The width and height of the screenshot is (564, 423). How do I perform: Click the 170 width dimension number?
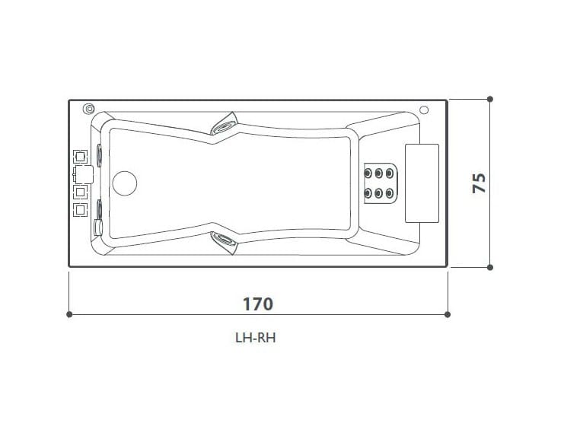coord(257,304)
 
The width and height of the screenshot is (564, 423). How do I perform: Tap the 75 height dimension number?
coord(479,183)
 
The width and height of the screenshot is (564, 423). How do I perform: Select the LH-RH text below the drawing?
coord(255,339)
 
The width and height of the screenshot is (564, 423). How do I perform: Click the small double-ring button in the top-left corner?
coord(88,109)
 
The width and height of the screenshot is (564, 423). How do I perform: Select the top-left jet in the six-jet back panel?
coord(369,172)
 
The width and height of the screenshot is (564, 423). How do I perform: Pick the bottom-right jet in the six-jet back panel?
coord(389,193)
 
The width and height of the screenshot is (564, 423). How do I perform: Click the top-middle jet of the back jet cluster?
coord(379,172)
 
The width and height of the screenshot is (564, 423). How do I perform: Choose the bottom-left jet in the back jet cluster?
coord(369,193)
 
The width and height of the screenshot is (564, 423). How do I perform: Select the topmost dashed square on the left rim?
coord(78,157)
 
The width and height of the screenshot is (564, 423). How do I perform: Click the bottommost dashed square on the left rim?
coord(78,208)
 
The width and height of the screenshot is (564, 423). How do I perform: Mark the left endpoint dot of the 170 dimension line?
coord(70,313)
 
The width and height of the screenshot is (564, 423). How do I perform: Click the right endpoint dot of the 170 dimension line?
coord(448,313)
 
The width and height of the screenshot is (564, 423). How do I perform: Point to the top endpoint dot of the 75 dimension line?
coord(490,99)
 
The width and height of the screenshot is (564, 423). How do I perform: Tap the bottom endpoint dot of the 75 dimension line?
coord(490,267)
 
